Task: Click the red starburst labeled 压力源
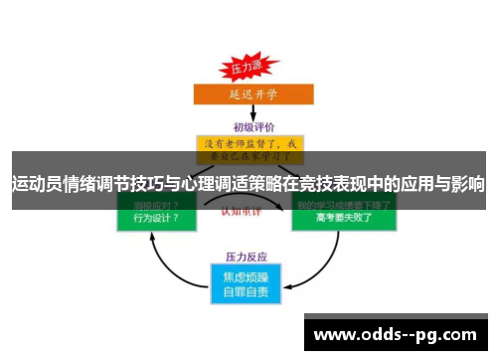click(246, 68)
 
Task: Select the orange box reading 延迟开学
click(248, 94)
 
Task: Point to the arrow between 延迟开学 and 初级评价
click(247, 113)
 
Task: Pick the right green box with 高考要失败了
click(343, 214)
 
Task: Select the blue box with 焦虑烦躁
click(248, 281)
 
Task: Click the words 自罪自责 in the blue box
click(248, 291)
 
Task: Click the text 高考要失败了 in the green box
click(343, 218)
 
